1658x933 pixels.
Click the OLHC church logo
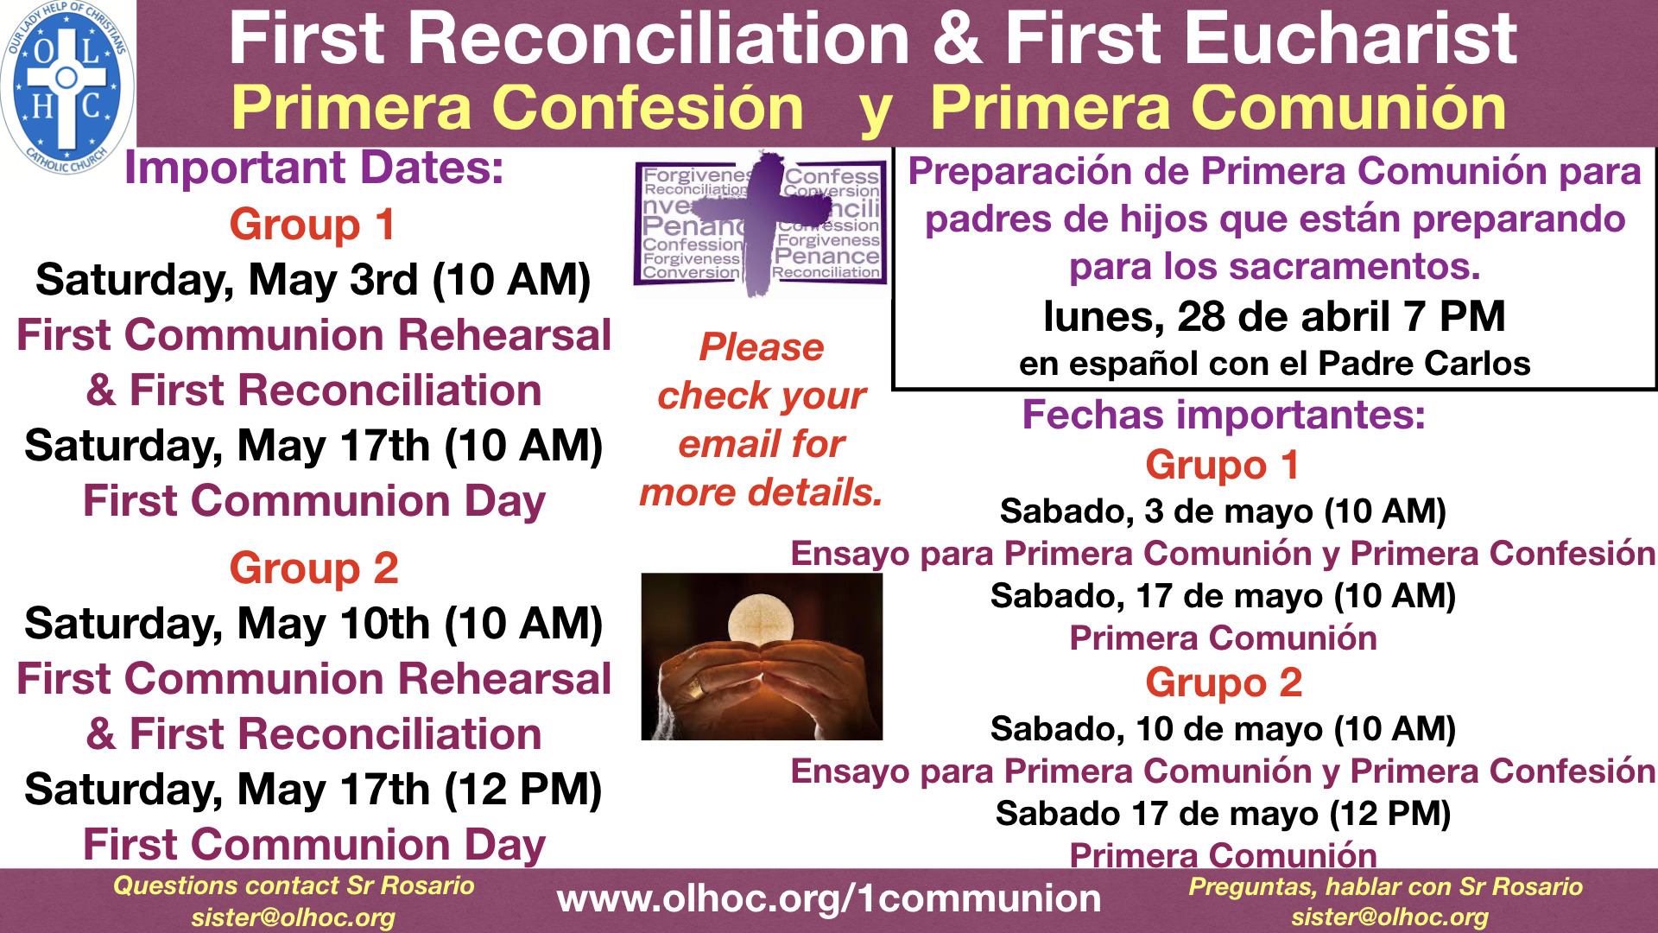pos(66,86)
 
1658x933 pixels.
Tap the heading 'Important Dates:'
pos(313,168)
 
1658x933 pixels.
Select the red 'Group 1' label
pos(313,225)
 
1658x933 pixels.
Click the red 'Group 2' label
pos(313,568)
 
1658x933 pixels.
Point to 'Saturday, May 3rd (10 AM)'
pos(313,280)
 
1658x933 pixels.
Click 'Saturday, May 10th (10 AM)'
pos(313,624)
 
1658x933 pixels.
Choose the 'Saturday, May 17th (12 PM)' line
pos(313,790)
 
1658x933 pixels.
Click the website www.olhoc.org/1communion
pos(829,899)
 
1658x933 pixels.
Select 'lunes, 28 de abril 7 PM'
pos(1274,316)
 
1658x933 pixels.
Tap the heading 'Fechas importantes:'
pos(1224,415)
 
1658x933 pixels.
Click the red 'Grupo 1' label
pos(1223,465)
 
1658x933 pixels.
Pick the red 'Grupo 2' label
pos(1224,682)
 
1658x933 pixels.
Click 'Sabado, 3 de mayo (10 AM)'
pos(1223,511)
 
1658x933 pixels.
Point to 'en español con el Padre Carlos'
pos(1275,364)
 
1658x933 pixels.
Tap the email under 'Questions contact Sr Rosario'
pos(294,917)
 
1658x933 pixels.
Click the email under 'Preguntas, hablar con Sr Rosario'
pos(1390,917)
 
